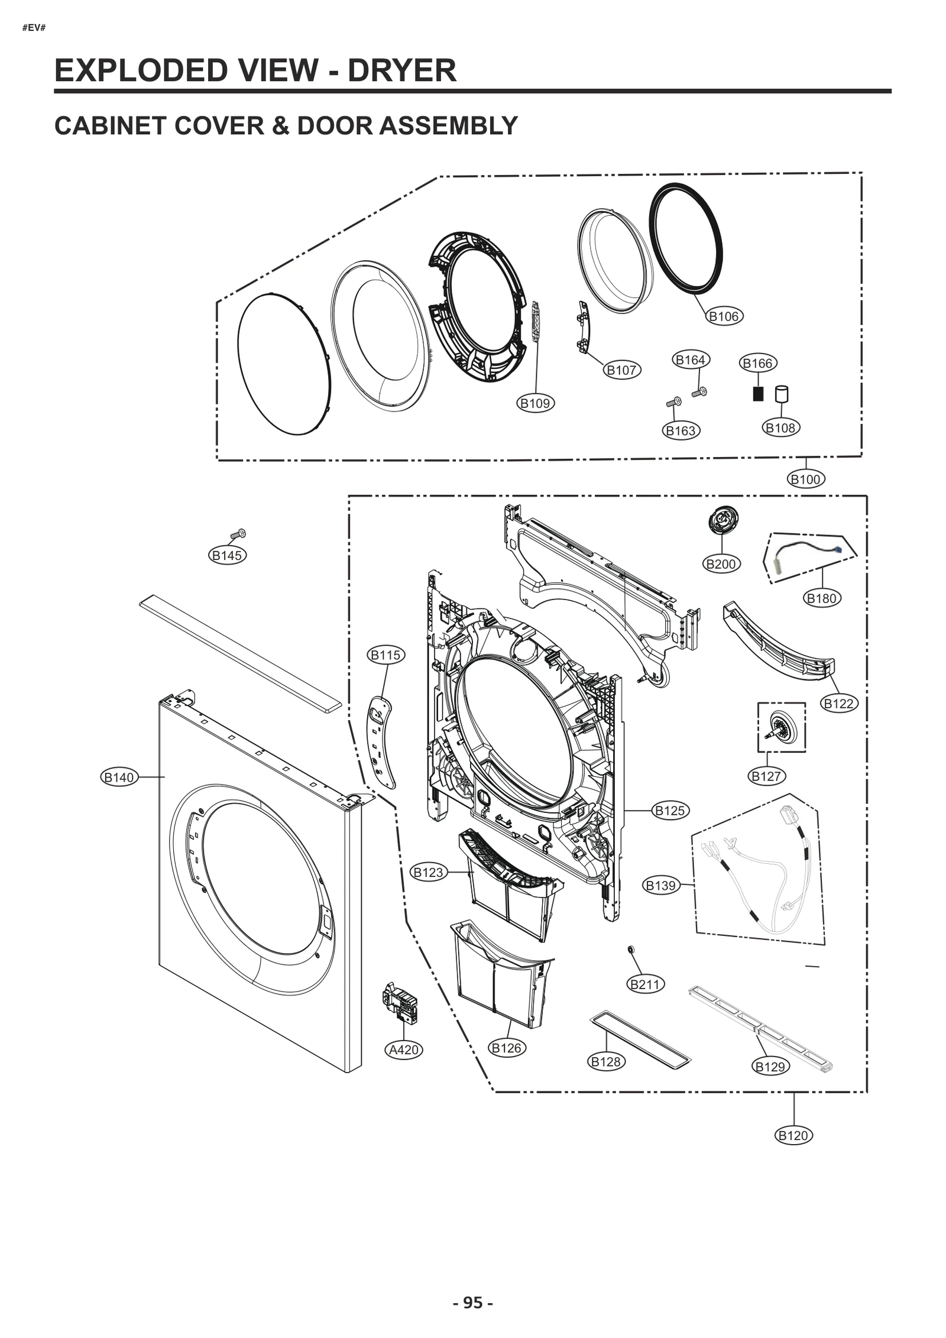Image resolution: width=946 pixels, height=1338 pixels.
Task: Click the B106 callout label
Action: (724, 316)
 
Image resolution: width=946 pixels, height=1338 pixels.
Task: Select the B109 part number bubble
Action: (534, 403)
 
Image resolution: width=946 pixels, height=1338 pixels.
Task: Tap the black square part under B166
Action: (758, 394)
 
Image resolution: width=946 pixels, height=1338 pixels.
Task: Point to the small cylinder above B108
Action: (781, 394)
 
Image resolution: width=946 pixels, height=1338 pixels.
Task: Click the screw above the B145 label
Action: (238, 534)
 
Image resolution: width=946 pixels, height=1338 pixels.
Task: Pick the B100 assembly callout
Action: (805, 479)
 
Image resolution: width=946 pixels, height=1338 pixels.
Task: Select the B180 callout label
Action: (821, 598)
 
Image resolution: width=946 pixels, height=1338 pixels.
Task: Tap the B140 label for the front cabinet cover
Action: (119, 777)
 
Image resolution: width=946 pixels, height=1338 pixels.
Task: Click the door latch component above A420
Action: (400, 1002)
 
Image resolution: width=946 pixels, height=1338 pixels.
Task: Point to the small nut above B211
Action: (631, 950)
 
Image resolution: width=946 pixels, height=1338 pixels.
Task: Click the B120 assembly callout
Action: (793, 1135)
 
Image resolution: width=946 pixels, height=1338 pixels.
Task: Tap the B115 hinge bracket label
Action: (385, 655)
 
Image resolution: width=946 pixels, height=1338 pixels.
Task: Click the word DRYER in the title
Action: (401, 70)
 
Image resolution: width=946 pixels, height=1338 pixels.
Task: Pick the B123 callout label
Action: (428, 872)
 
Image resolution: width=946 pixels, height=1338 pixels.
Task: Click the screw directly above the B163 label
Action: (673, 403)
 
